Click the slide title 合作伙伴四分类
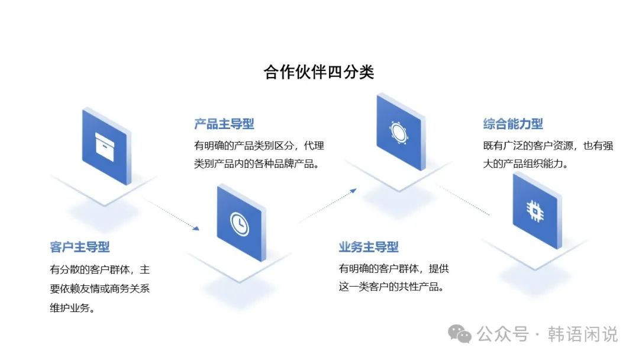click(319, 72)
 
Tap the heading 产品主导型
click(224, 124)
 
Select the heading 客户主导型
click(80, 247)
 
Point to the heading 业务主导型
click(369, 247)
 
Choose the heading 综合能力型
click(513, 124)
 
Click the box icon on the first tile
click(107, 144)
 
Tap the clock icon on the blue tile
click(239, 223)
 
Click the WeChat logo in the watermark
click(460, 334)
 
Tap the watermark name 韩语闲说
click(583, 334)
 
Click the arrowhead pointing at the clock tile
click(196, 228)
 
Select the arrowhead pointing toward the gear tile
click(353, 191)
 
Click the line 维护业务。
click(73, 308)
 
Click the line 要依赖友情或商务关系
click(104, 289)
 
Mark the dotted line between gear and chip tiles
click(464, 200)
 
